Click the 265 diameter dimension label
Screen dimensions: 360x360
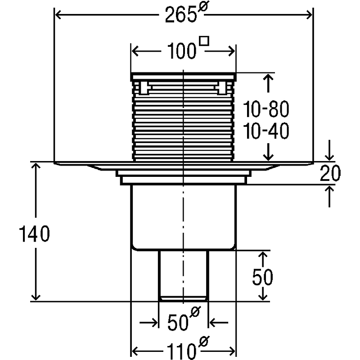click(186, 14)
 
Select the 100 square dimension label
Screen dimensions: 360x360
click(188, 48)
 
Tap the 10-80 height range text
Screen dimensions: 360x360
click(265, 109)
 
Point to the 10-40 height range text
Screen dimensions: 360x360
click(265, 131)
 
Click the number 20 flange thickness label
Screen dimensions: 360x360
click(330, 173)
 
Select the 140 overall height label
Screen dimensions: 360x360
click(34, 234)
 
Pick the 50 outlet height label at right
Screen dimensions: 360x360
click(262, 277)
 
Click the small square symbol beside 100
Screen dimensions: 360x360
click(204, 41)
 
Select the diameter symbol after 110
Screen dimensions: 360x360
click(204, 342)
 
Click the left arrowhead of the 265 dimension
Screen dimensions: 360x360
click(58, 15)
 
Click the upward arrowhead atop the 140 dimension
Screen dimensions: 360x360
click(36, 166)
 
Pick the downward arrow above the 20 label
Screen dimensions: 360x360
click(329, 150)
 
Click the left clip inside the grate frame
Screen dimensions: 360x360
click(144, 87)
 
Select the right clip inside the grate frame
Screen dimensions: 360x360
click(222, 87)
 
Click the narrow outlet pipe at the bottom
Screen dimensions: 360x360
click(184, 275)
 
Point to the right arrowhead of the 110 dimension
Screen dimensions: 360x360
click(232, 351)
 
